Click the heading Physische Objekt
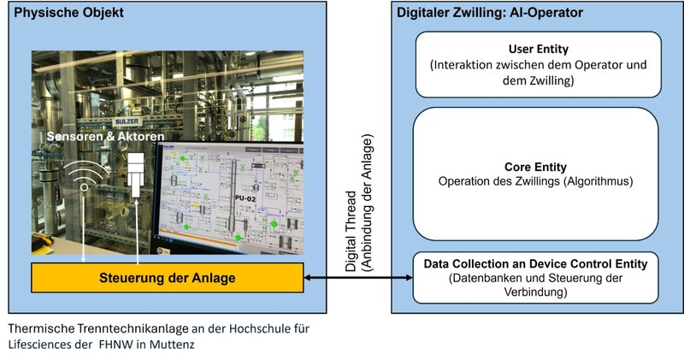[x=68, y=13]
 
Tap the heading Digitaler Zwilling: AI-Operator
[x=490, y=13]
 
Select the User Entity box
[x=538, y=64]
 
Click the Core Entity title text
[x=538, y=166]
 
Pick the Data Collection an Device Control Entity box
[x=538, y=277]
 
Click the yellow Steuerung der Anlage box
[x=168, y=277]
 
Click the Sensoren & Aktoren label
[x=105, y=137]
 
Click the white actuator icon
[x=137, y=174]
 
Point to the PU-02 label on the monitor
[x=248, y=198]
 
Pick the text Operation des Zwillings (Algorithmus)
[x=538, y=181]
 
